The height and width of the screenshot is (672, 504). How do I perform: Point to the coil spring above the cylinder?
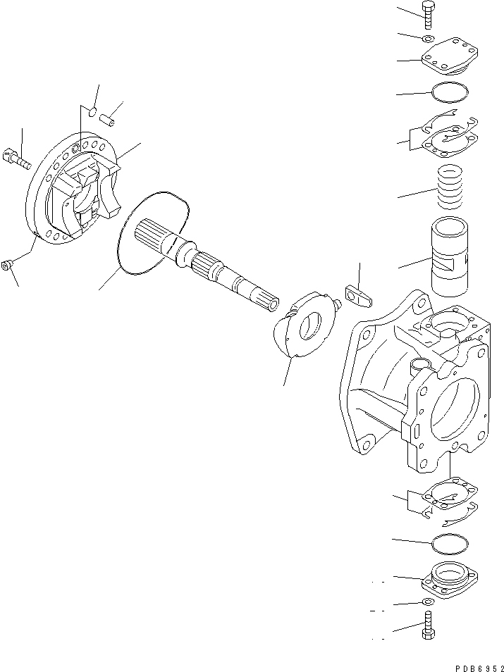[449, 187]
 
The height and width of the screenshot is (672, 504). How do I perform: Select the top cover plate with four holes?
[447, 61]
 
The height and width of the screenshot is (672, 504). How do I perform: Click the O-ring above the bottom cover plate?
[448, 542]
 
